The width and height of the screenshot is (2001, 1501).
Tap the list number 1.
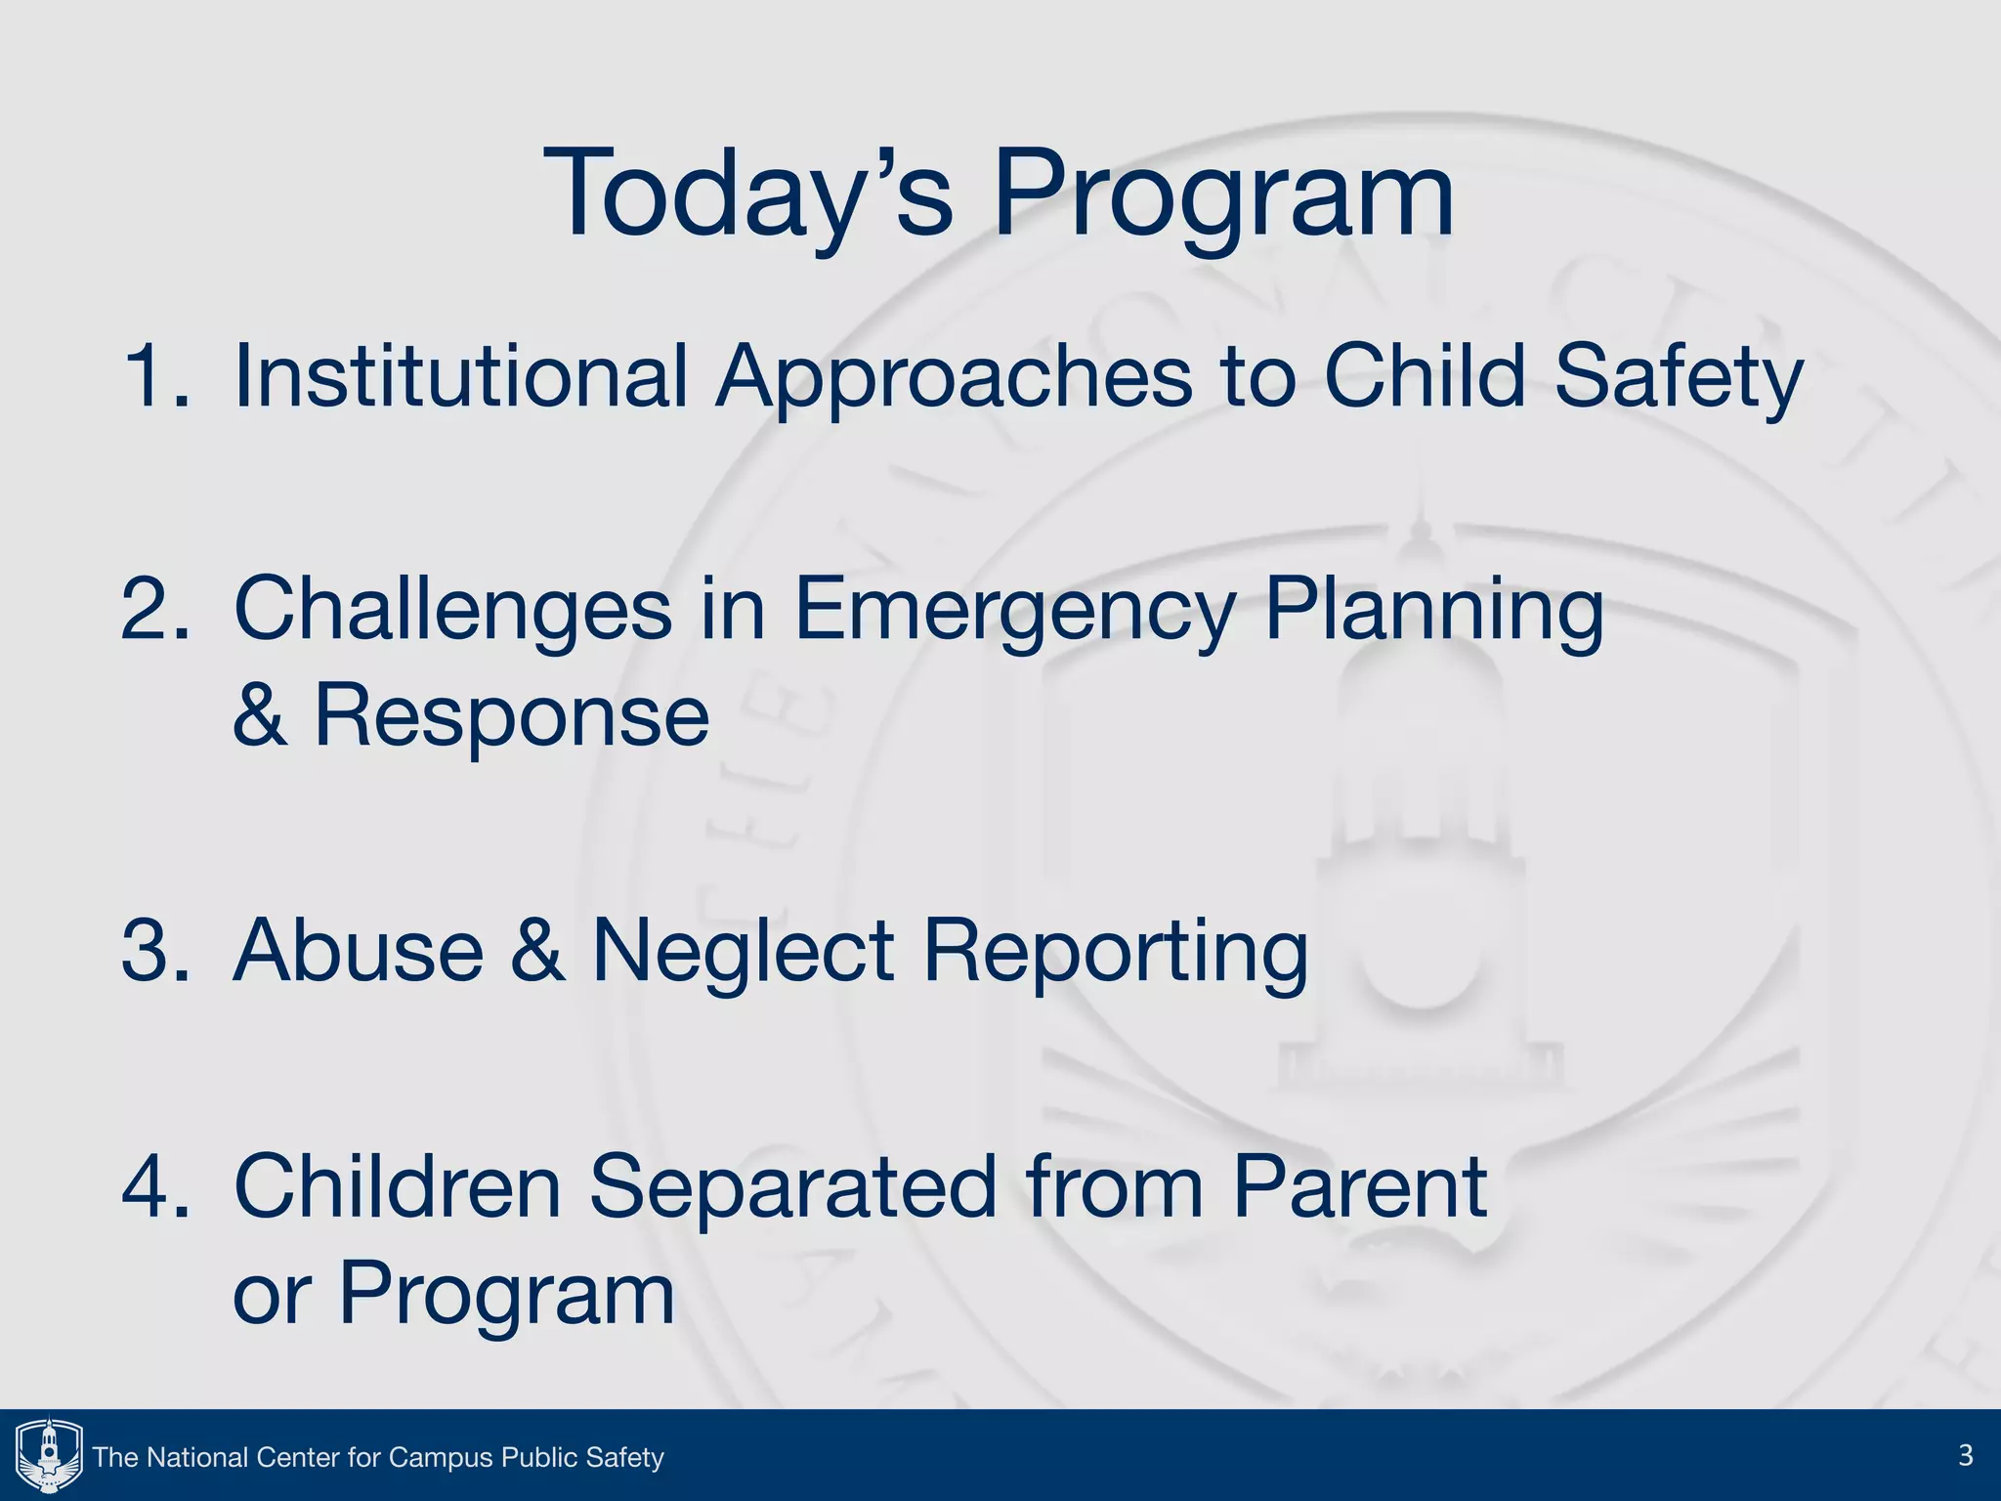pyautogui.click(x=154, y=375)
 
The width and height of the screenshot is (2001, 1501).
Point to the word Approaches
pyautogui.click(x=954, y=375)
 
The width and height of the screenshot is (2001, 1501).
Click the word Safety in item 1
pyautogui.click(x=1678, y=375)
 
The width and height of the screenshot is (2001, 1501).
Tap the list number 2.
pyautogui.click(x=154, y=609)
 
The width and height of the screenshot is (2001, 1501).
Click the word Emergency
pyautogui.click(x=1015, y=609)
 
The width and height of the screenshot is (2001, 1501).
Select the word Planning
pyautogui.click(x=1433, y=609)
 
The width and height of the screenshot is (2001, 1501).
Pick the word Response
pyautogui.click(x=511, y=715)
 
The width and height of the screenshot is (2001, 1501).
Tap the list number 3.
pyautogui.click(x=154, y=950)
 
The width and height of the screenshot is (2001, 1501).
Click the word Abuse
pyautogui.click(x=359, y=950)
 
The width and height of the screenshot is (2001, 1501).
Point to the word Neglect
pyautogui.click(x=744, y=950)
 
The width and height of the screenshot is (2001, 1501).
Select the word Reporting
pyautogui.click(x=1115, y=950)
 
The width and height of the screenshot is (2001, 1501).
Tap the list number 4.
pyautogui.click(x=154, y=1186)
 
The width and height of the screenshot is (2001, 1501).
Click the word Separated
pyautogui.click(x=792, y=1186)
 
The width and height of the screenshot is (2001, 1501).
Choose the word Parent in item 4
pyautogui.click(x=1359, y=1186)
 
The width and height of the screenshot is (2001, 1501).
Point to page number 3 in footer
pyautogui.click(x=1965, y=1455)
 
